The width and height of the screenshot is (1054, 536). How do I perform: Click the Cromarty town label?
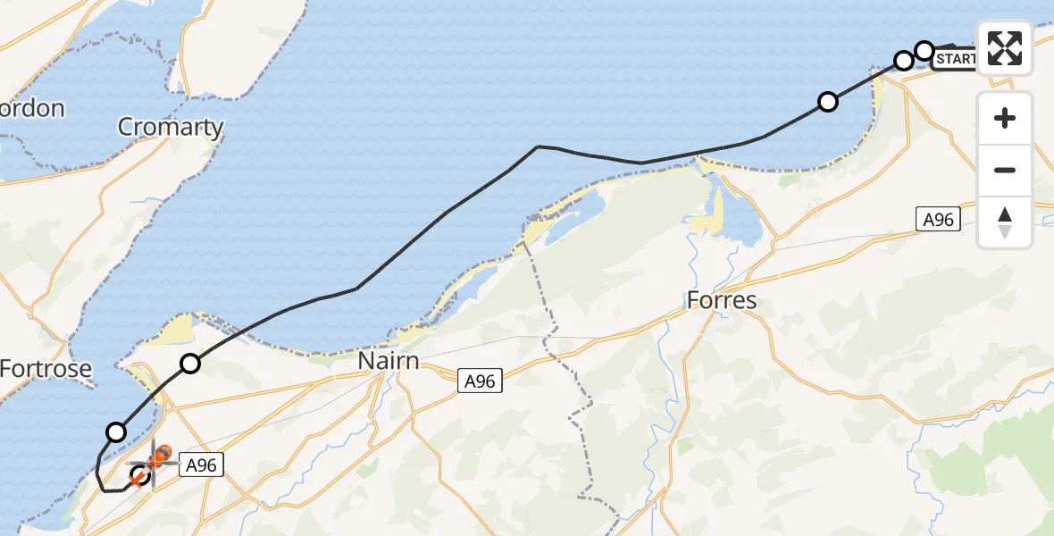(171, 127)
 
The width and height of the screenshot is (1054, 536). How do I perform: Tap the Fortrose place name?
(46, 368)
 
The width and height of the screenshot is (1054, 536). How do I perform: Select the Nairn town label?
(389, 361)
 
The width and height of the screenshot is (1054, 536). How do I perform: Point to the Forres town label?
(722, 300)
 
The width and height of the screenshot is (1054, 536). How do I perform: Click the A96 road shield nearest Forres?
(938, 219)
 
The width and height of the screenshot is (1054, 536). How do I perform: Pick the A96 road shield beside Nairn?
(480, 381)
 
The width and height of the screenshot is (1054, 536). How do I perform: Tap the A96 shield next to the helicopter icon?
(199, 464)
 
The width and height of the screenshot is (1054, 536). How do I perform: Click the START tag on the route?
(956, 60)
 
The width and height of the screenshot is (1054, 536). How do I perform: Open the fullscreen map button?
(1005, 47)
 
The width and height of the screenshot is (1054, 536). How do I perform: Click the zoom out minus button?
(1005, 170)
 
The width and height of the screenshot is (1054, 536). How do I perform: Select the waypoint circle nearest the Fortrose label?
(116, 432)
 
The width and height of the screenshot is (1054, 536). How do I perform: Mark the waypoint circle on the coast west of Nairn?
(190, 363)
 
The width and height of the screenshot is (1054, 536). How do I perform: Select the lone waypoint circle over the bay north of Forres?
(828, 102)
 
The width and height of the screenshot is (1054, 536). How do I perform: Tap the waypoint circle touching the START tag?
(925, 50)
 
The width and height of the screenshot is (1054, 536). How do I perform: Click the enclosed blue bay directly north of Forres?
(735, 214)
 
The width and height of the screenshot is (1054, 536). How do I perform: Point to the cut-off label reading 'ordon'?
(32, 109)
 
